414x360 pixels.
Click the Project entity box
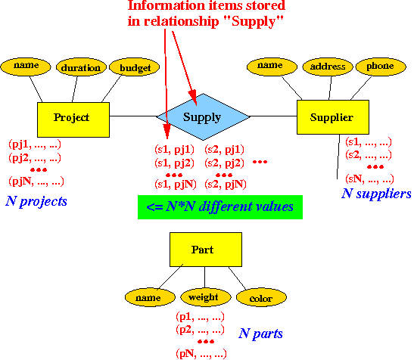73,119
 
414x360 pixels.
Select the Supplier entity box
333,117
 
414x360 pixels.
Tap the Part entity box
206,250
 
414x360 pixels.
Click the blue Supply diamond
203,116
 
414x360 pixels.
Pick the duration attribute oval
81,67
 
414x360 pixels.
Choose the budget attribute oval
135,67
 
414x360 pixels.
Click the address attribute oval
328,67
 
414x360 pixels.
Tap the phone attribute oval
381,67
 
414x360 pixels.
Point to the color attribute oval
261,297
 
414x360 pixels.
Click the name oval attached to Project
26,67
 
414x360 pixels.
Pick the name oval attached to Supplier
272,67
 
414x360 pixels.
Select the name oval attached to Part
150,297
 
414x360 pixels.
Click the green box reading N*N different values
220,207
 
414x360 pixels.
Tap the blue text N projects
36,201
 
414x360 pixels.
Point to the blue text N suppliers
376,194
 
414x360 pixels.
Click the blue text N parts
260,334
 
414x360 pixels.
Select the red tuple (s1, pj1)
174,150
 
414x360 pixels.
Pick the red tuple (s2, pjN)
226,184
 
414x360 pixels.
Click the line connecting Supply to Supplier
273,116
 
